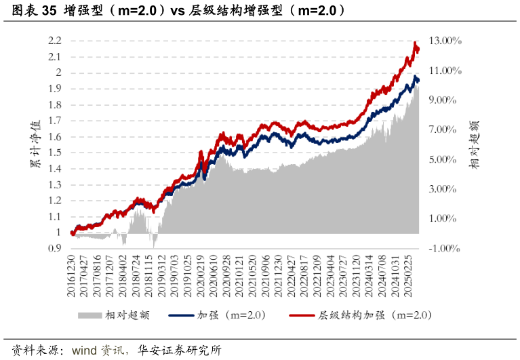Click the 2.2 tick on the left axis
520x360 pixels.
pos(56,41)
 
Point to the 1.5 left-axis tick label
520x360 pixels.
pos(56,153)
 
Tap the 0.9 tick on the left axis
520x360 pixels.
pos(56,249)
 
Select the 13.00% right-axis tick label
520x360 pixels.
pos(445,41)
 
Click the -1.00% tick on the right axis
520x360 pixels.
pos(445,249)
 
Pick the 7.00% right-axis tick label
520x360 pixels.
pos(445,129)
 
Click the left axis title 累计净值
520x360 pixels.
pos(34,144)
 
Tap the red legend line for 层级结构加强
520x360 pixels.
pos(302,315)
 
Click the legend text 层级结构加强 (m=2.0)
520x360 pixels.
pos(374,315)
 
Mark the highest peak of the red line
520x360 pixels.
pos(415,42)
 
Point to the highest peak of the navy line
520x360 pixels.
pos(416,76)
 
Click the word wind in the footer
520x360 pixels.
pos(84,351)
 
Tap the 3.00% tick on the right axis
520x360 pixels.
pos(445,189)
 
